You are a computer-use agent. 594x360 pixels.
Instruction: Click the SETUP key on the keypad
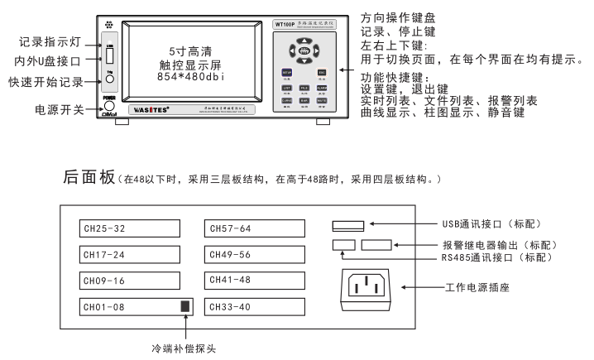[x=287, y=73]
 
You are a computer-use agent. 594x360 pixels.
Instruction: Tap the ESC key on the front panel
[x=322, y=73]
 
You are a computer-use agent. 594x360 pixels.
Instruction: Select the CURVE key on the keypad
[x=287, y=99]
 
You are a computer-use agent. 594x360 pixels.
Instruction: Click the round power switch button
[x=108, y=108]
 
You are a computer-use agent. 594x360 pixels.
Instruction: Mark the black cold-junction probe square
[x=185, y=306]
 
